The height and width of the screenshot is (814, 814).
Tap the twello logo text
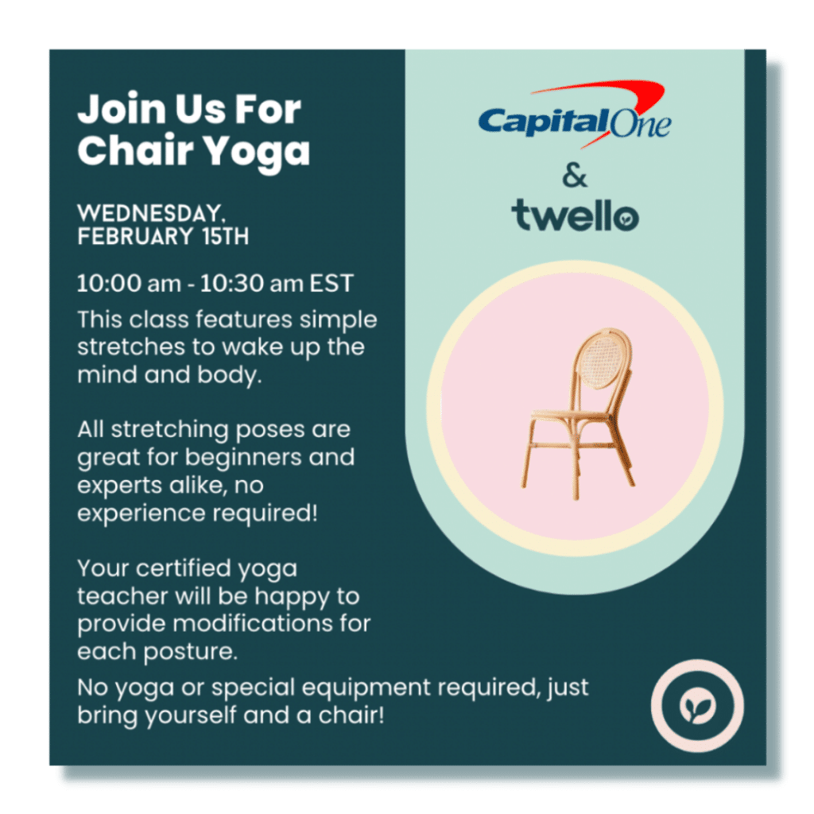tap(575, 215)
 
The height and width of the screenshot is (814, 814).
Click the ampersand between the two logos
tap(575, 176)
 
